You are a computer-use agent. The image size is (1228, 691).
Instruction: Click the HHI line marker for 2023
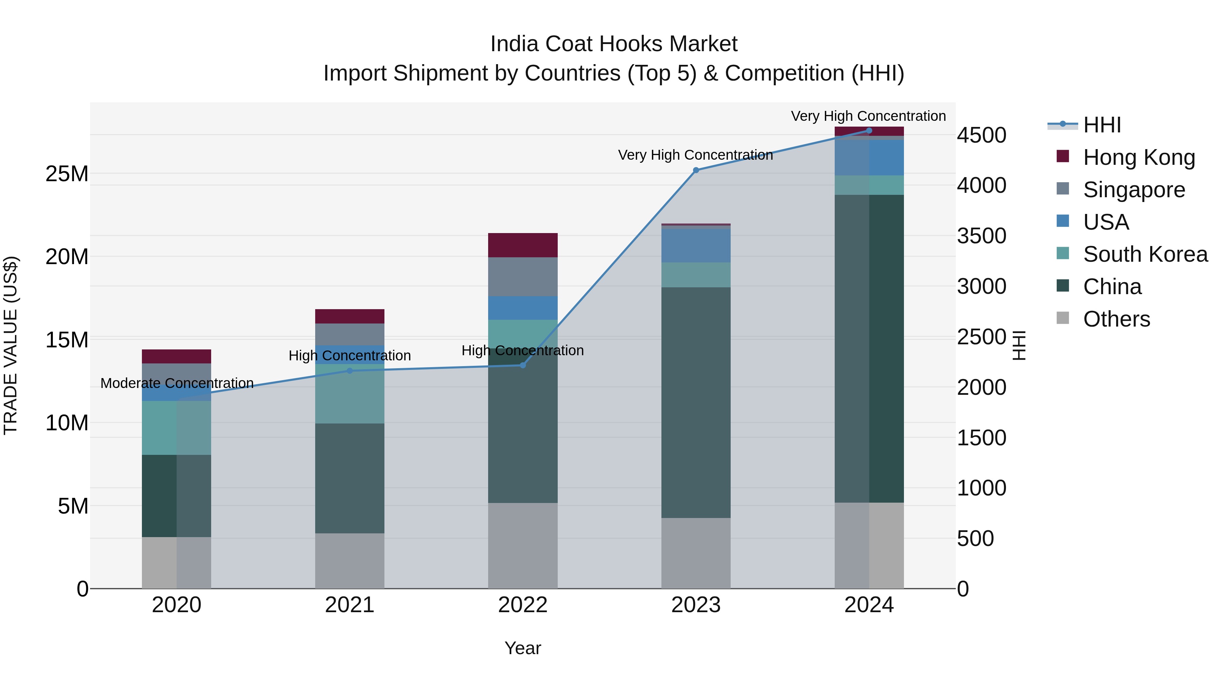[696, 170]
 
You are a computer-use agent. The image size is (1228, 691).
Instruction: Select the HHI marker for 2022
[523, 365]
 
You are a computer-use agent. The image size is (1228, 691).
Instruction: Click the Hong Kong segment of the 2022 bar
[523, 245]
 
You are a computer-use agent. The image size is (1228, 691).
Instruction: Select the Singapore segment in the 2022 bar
[523, 277]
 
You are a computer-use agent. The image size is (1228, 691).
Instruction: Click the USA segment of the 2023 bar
[696, 246]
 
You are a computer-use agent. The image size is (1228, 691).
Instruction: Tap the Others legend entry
[1116, 319]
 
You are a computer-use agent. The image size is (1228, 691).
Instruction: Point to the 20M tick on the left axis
[67, 257]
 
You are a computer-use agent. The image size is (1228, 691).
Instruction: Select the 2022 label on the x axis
[523, 605]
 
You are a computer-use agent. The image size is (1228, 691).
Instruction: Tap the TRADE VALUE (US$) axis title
[11, 345]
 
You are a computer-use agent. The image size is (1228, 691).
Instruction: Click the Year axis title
[523, 648]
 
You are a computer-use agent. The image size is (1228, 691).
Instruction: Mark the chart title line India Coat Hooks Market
[614, 44]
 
